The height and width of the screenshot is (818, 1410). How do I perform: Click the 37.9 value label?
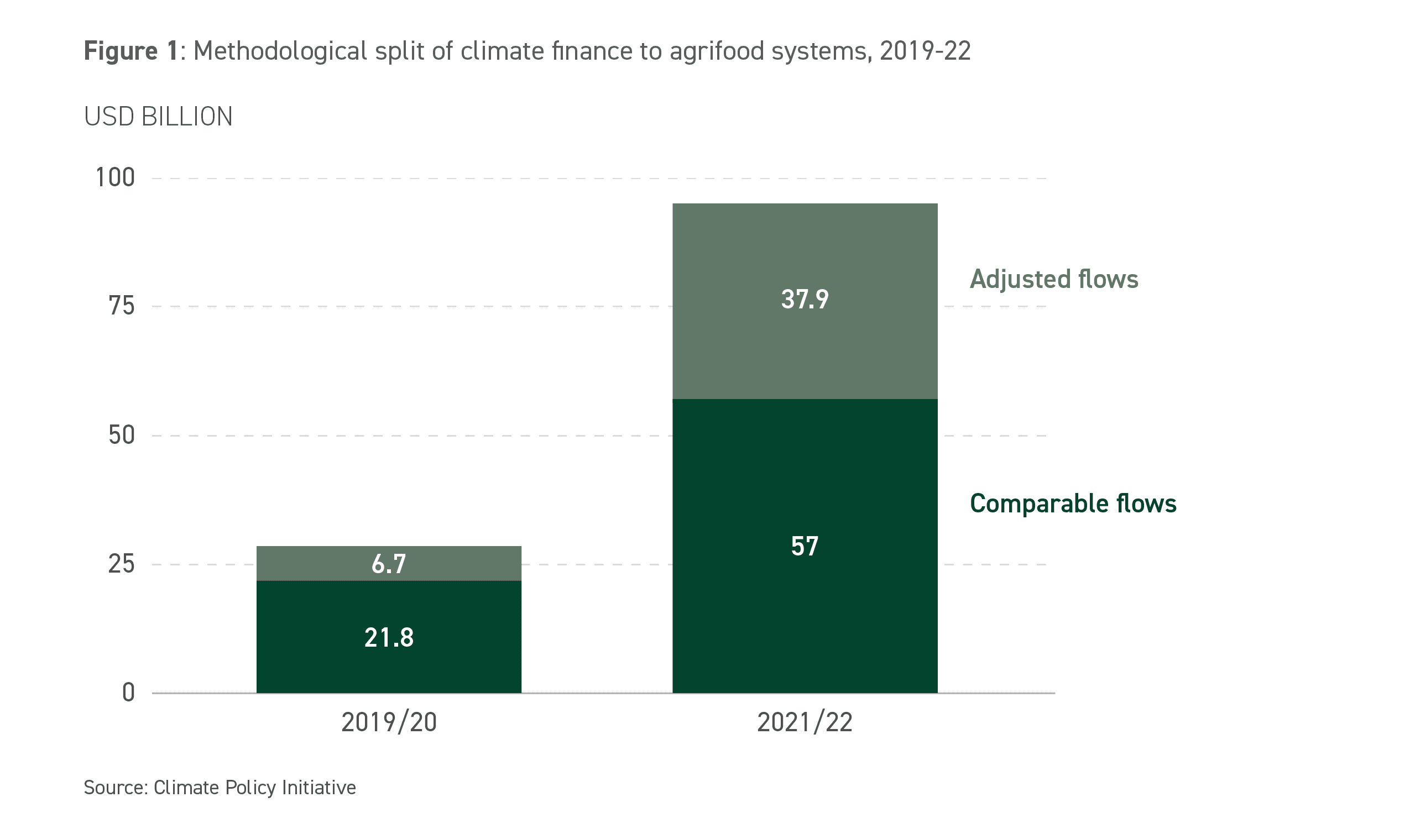(805, 300)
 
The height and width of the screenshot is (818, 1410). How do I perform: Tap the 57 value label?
(805, 546)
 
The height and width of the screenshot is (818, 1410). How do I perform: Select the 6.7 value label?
(389, 564)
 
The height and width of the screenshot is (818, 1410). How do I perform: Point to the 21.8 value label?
(389, 637)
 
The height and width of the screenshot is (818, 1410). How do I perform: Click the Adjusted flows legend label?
(1053, 279)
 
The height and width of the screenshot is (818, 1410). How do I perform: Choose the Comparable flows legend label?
(1073, 504)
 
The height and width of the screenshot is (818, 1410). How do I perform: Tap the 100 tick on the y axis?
(115, 178)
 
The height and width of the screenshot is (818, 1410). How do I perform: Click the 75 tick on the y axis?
(122, 306)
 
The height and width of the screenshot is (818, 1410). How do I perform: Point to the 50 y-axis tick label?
(122, 435)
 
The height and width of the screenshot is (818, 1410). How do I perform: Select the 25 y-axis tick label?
(122, 564)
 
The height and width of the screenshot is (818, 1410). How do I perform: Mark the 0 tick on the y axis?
(129, 693)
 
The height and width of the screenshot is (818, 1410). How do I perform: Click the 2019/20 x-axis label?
(389, 722)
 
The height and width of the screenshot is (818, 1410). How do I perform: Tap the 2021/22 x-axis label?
(805, 722)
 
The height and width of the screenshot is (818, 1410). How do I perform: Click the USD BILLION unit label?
(158, 117)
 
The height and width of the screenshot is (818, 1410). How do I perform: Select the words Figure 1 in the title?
(130, 51)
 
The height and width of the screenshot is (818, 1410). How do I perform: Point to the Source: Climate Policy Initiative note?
(220, 787)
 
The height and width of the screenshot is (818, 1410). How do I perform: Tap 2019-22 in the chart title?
(925, 51)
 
